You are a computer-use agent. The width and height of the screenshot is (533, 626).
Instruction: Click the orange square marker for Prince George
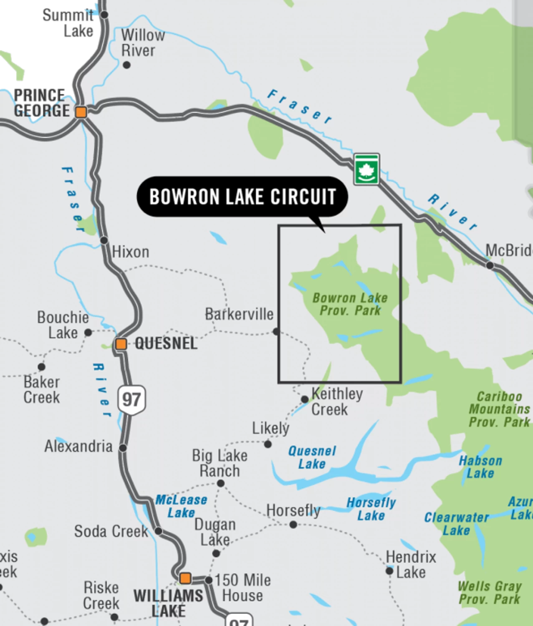[81, 112]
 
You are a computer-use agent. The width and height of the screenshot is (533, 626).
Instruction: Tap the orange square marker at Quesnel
[121, 344]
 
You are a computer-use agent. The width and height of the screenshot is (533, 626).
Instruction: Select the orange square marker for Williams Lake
[185, 578]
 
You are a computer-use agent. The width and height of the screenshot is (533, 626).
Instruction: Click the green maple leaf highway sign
[366, 169]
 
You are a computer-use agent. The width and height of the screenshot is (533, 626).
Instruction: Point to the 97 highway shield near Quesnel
[131, 400]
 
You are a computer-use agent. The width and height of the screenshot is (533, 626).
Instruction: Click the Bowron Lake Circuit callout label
[243, 197]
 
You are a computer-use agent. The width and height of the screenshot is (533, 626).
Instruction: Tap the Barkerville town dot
[276, 331]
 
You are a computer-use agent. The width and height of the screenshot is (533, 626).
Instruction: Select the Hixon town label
[131, 252]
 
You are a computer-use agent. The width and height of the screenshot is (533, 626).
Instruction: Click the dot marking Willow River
[126, 65]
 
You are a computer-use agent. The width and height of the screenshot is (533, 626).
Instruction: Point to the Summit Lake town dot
[104, 15]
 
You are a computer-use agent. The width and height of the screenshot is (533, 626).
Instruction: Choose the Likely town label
[270, 428]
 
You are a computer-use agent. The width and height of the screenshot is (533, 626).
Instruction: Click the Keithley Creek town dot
[305, 399]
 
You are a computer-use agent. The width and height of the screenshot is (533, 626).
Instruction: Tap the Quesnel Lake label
[312, 457]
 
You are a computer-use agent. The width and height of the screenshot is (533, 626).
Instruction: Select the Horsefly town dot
[293, 525]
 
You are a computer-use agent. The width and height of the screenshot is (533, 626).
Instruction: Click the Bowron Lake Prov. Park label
[350, 304]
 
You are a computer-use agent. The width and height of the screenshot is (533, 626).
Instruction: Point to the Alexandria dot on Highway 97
[123, 447]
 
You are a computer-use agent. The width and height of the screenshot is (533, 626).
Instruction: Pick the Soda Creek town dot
[159, 531]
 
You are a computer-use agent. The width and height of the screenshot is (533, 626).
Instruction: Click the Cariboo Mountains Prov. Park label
[499, 409]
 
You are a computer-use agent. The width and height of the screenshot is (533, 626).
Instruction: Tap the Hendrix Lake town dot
[389, 570]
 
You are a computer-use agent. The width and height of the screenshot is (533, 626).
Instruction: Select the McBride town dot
[490, 265]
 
